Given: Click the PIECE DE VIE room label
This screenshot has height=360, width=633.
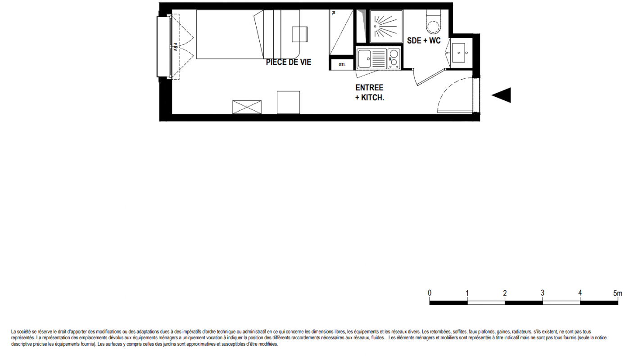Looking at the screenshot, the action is [x=289, y=62].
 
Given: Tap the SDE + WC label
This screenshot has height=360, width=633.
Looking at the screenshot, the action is [x=424, y=40].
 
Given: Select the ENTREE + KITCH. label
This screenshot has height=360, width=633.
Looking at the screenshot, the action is [x=370, y=93].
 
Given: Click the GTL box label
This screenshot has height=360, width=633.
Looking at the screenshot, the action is [x=342, y=65].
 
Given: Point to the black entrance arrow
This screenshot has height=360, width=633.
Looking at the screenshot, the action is [x=502, y=95].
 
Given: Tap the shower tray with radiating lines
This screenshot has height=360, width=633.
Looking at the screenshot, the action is [x=386, y=26].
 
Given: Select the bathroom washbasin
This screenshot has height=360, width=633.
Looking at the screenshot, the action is [x=459, y=53].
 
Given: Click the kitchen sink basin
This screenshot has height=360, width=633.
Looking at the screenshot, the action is [x=364, y=59].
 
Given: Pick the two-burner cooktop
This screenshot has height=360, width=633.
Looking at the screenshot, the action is [x=394, y=59].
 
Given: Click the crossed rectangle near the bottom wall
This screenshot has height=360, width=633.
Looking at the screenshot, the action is [x=247, y=107].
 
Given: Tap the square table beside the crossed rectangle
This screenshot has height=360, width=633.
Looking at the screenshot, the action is [x=288, y=102].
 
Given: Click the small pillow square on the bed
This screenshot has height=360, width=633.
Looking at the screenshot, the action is [x=299, y=34].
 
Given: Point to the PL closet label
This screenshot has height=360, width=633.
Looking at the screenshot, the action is [x=334, y=13].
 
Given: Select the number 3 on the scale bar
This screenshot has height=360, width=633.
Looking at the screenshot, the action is [x=543, y=293].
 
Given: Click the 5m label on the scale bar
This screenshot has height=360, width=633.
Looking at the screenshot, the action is [x=618, y=293].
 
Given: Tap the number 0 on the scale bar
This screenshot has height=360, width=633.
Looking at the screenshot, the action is [x=430, y=293].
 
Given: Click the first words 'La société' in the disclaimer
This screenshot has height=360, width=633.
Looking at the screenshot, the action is [x=21, y=332].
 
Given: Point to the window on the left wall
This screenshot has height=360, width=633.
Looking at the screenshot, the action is [x=164, y=47].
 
